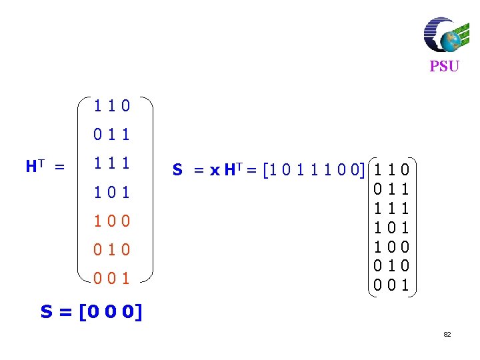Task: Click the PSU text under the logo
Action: click(444, 67)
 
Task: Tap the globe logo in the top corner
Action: click(443, 35)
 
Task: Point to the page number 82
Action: click(447, 334)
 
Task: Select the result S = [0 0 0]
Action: click(91, 311)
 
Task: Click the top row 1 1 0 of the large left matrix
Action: click(112, 106)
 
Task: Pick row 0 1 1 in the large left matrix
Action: click(112, 135)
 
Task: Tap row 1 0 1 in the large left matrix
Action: click(112, 193)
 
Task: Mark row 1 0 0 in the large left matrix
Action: click(112, 221)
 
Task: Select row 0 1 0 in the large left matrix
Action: click(112, 250)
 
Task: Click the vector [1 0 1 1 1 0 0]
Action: click(314, 171)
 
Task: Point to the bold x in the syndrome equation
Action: click(214, 171)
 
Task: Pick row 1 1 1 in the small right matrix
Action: click(393, 208)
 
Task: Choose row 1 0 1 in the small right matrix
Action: click(393, 227)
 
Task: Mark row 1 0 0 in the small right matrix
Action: click(393, 247)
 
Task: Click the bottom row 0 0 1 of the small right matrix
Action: click(393, 286)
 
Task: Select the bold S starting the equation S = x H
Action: click(177, 171)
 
